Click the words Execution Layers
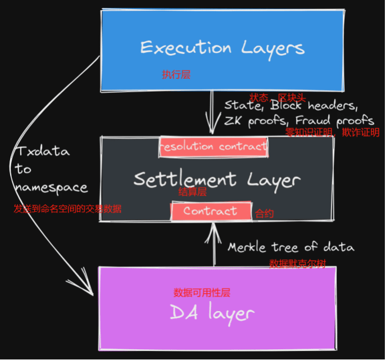point(222,48)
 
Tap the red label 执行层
point(176,74)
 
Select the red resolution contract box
point(214,147)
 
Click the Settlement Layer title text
point(217,179)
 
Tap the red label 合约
point(265,214)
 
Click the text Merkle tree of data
point(290,247)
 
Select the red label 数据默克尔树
point(297,264)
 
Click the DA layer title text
point(212,313)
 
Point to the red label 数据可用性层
point(202,292)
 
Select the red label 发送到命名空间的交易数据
point(67,209)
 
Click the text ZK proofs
point(255,120)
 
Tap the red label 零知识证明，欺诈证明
point(332,133)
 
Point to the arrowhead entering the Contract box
point(213,226)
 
